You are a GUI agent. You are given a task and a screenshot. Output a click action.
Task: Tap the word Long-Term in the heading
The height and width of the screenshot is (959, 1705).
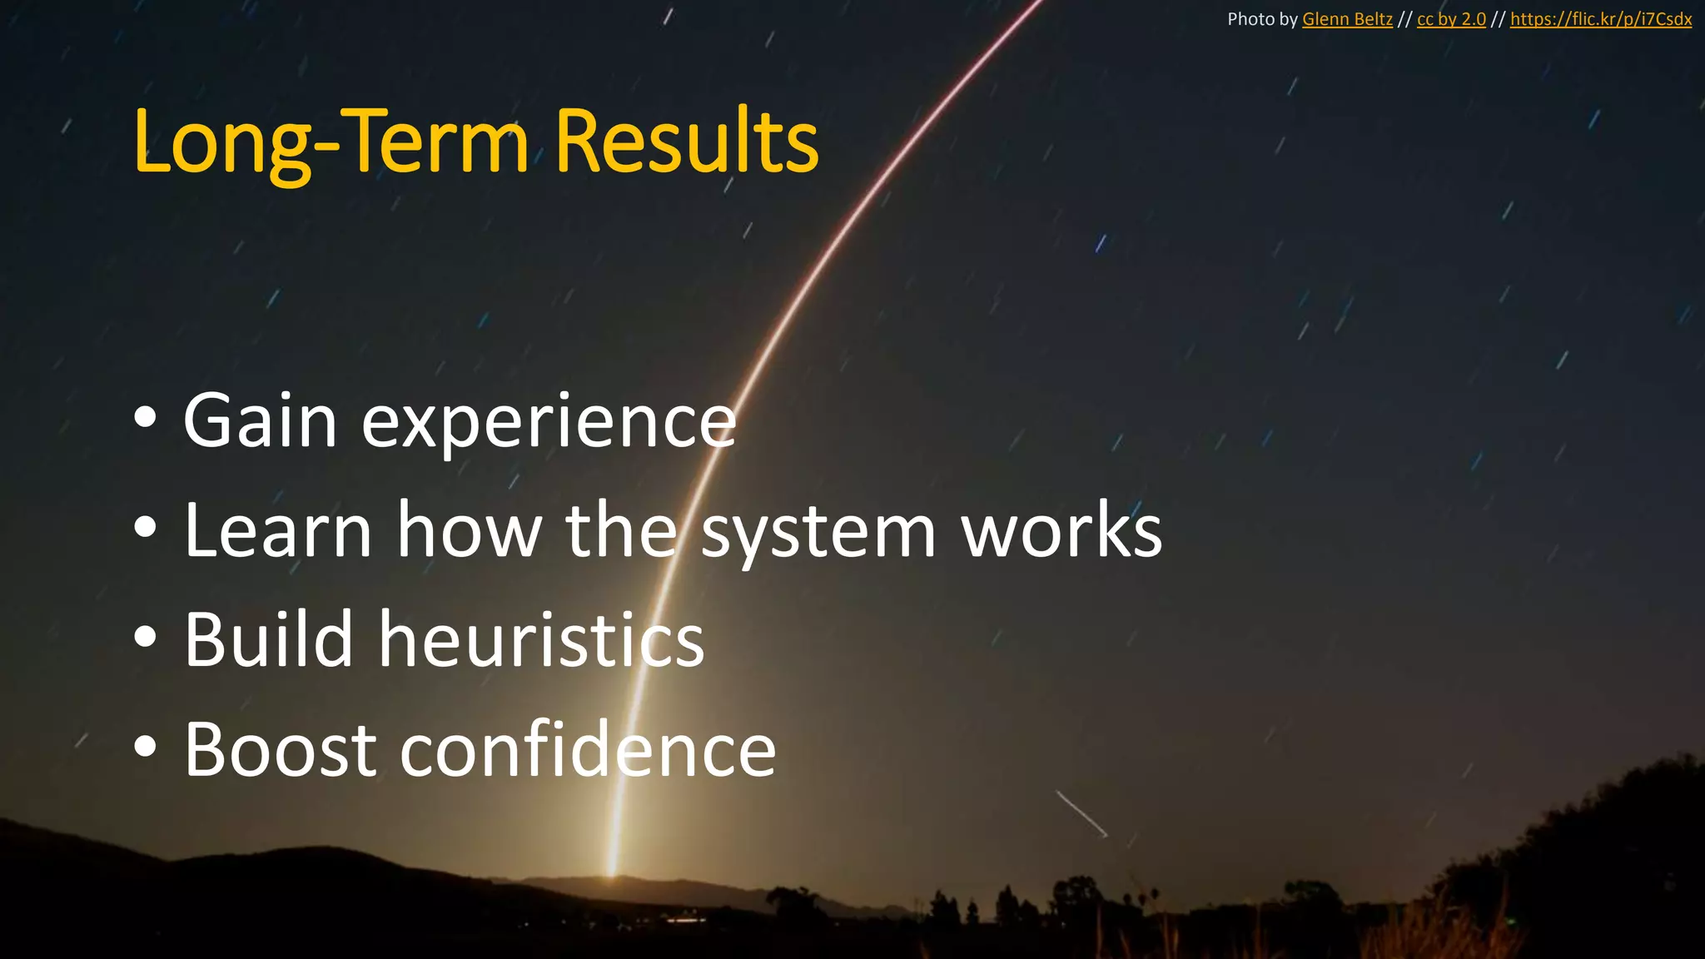pyautogui.click(x=331, y=143)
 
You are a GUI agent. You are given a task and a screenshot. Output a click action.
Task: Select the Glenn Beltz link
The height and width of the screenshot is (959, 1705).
pyautogui.click(x=1347, y=19)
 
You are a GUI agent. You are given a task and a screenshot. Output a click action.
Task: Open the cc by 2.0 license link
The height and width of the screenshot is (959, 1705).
pyautogui.click(x=1451, y=19)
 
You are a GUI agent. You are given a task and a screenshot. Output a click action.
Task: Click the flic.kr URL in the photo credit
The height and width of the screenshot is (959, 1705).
pyautogui.click(x=1600, y=19)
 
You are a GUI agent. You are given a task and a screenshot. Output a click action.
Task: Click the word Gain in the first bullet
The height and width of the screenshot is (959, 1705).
pyautogui.click(x=260, y=420)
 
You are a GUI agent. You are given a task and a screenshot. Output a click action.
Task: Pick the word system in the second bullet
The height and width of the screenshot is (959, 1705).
pyautogui.click(x=818, y=533)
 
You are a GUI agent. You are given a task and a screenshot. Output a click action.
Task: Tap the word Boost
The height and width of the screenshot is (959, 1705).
pyautogui.click(x=280, y=750)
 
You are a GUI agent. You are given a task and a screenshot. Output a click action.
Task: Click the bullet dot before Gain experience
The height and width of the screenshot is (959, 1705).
pyautogui.click(x=145, y=419)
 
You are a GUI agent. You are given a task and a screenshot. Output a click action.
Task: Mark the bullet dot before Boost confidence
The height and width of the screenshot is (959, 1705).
pyautogui.click(x=145, y=747)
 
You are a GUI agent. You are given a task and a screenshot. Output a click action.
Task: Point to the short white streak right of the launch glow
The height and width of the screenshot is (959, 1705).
pyautogui.click(x=1081, y=813)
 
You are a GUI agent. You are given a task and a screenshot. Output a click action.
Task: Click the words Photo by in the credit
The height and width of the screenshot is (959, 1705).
pyautogui.click(x=1262, y=19)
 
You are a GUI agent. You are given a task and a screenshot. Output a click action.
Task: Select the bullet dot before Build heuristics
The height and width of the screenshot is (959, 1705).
pyautogui.click(x=145, y=637)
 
